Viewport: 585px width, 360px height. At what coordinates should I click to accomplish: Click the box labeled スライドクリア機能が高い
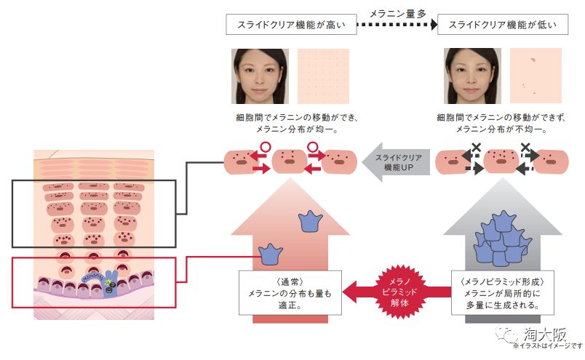click(x=291, y=25)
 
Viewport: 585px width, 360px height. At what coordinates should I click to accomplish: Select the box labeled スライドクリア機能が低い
click(x=503, y=25)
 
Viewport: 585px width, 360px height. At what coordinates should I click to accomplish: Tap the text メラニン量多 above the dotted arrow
click(x=397, y=12)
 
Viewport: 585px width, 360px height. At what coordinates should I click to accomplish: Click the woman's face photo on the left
click(x=260, y=77)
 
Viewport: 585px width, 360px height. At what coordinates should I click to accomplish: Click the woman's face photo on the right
click(x=472, y=77)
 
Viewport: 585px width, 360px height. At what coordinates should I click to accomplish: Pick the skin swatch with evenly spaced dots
click(x=323, y=77)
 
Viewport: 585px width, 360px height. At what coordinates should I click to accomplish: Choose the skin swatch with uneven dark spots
click(x=536, y=77)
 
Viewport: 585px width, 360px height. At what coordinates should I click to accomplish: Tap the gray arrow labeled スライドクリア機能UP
click(x=396, y=161)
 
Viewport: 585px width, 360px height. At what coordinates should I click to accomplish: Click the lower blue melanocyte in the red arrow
click(x=270, y=254)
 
